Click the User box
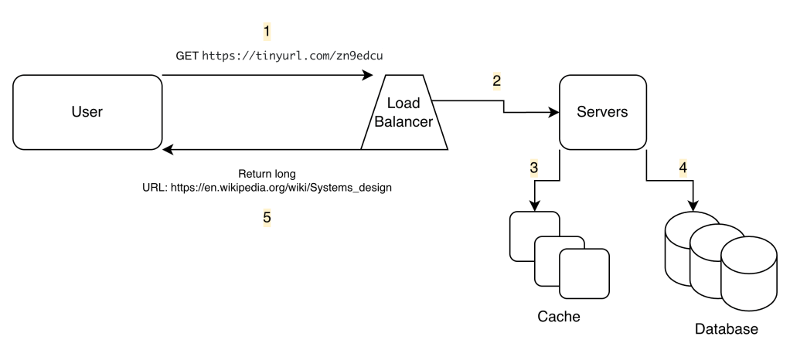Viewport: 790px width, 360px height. (x=87, y=112)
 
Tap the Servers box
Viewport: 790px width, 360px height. (x=602, y=112)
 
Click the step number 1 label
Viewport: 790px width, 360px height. (x=267, y=32)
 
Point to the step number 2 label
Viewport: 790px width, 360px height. (x=496, y=80)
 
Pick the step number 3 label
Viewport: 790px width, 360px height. (x=534, y=166)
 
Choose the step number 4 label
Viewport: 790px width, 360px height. (x=683, y=166)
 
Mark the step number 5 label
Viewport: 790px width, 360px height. (x=267, y=217)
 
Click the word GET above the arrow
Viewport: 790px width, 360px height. (x=187, y=56)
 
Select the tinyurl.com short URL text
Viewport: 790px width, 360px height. (x=293, y=56)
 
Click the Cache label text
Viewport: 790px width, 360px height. (x=558, y=317)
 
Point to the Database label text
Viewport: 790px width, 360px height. (x=726, y=329)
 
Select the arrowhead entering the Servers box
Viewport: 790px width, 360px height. (x=554, y=113)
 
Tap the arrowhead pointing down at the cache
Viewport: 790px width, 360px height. (x=534, y=205)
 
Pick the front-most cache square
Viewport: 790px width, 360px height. (x=584, y=274)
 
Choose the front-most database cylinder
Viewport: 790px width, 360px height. (x=748, y=274)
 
